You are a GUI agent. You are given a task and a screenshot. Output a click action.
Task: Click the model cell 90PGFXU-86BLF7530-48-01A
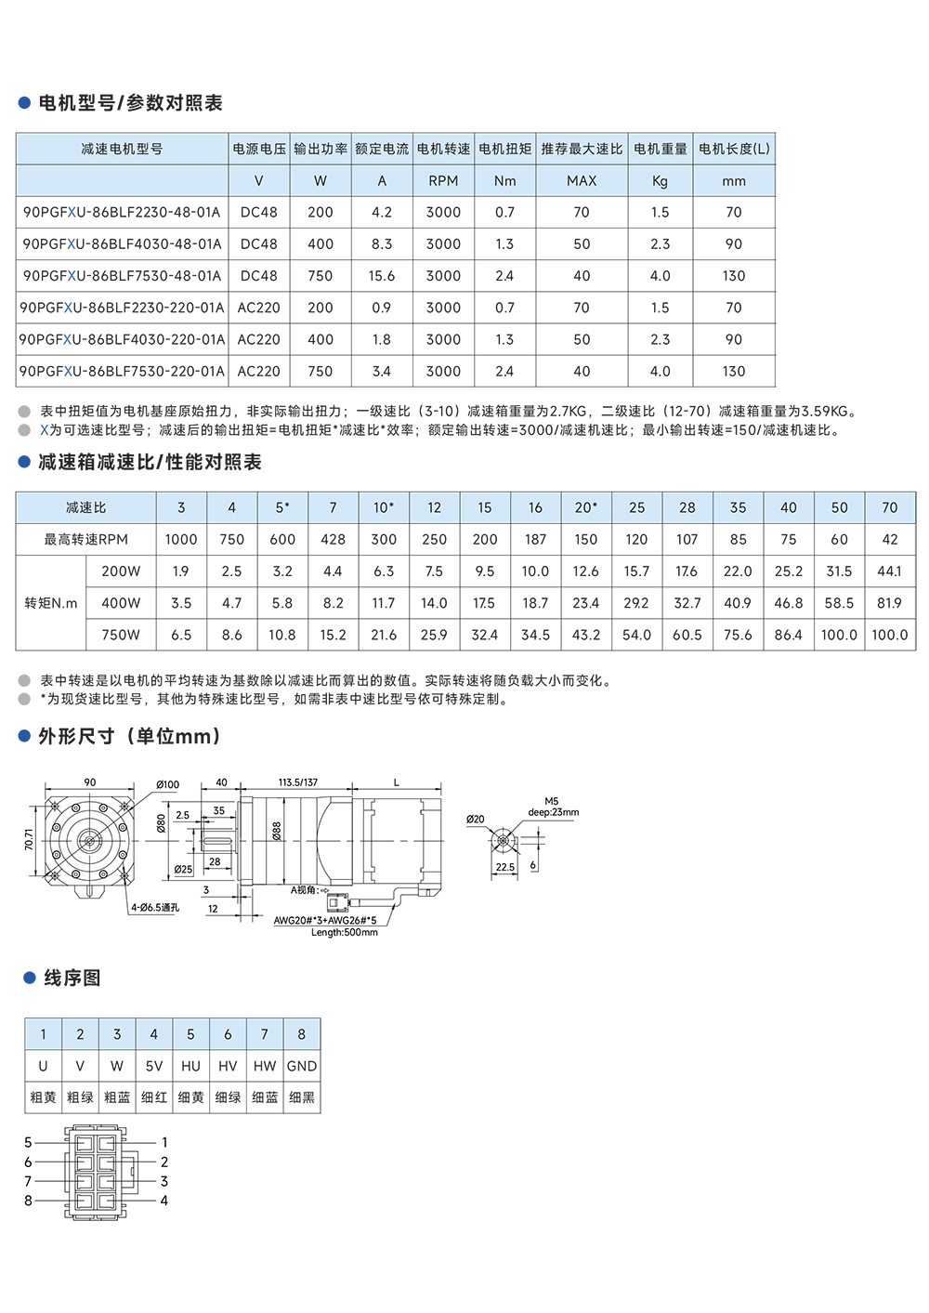point(122,276)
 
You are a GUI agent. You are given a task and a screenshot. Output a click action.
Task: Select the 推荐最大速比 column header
point(582,149)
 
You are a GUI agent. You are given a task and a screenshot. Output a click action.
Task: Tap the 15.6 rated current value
point(382,276)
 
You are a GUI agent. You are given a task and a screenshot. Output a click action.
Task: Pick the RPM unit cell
point(443,181)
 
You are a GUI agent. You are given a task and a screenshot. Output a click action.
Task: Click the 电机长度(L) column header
point(734,149)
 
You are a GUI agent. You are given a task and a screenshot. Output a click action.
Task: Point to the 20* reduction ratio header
point(585,507)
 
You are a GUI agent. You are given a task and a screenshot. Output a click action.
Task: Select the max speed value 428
point(333,539)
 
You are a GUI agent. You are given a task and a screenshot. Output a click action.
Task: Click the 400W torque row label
point(121,603)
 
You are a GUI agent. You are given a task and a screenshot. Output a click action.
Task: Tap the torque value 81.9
point(889,603)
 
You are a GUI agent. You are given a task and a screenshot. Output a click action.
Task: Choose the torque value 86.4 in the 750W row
point(788,635)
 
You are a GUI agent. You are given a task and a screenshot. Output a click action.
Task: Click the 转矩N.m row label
point(51,603)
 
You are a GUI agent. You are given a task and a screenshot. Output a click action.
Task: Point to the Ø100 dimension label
point(167,784)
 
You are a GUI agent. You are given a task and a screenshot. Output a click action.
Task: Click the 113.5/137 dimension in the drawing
point(297,782)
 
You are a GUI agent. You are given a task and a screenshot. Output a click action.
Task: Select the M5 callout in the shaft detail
point(552,801)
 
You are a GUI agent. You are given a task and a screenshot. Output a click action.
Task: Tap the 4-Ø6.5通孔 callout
point(155,907)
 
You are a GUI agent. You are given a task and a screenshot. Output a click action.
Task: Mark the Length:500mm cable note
point(345,932)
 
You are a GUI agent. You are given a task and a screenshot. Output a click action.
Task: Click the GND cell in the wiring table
point(302,1066)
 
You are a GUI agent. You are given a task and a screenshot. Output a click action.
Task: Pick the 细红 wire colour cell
point(154,1097)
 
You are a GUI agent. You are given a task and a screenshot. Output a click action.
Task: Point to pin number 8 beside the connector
point(28,1201)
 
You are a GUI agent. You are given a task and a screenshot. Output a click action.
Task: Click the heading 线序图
point(72,978)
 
